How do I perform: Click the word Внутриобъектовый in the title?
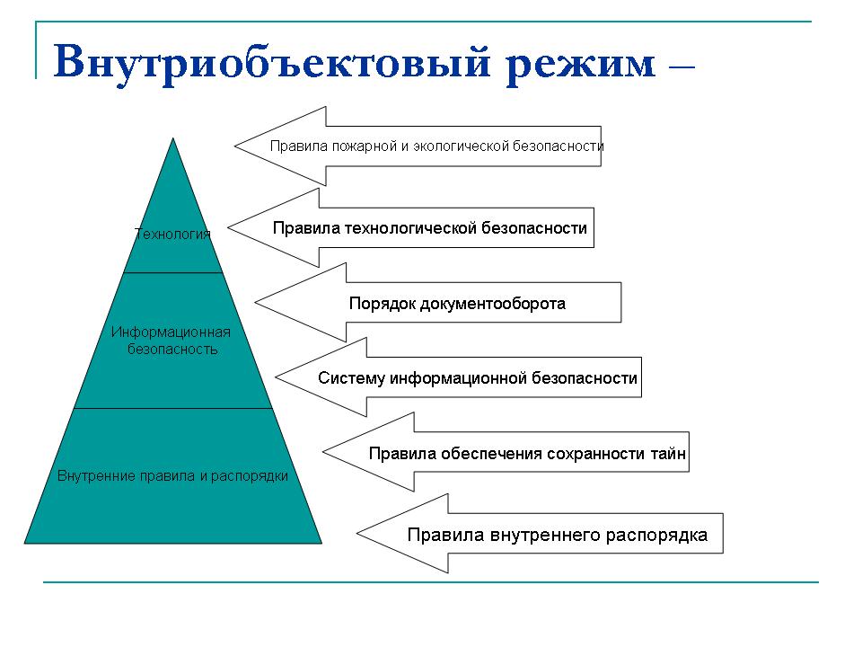pyautogui.click(x=271, y=62)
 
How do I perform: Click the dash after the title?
pyautogui.click(x=682, y=67)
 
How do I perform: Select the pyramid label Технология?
pyautogui.click(x=172, y=235)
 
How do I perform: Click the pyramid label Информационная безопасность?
pyautogui.click(x=171, y=341)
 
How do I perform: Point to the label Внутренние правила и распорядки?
pyautogui.click(x=172, y=476)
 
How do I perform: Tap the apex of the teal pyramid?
pyautogui.click(x=173, y=138)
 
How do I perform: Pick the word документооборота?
pyautogui.click(x=493, y=304)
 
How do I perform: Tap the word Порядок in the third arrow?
pyautogui.click(x=383, y=304)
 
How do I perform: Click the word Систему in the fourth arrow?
pyautogui.click(x=351, y=378)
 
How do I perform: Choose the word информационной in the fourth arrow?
pyautogui.click(x=458, y=378)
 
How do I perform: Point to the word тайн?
pyautogui.click(x=668, y=454)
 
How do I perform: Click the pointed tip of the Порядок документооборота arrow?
pyautogui.click(x=256, y=302)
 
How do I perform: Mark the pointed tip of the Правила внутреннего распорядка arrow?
pyautogui.click(x=358, y=533)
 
